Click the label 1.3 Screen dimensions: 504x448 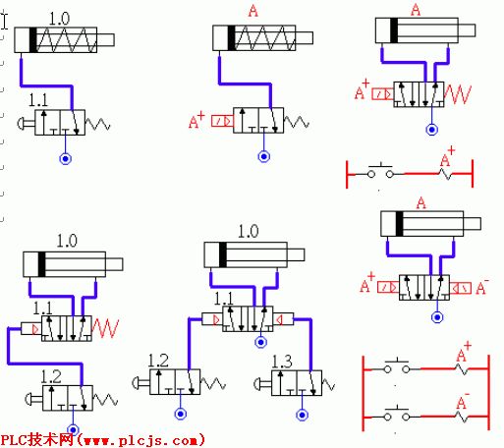(x=282, y=362)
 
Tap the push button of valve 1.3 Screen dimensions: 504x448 (x=262, y=383)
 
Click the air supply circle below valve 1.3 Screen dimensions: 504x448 (x=302, y=415)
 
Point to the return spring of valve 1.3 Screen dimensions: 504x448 (x=328, y=384)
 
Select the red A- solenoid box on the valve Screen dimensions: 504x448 (x=460, y=288)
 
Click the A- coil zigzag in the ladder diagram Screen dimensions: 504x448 (x=462, y=417)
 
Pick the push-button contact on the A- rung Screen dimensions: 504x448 (x=397, y=414)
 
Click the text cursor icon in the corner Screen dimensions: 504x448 (x=4, y=21)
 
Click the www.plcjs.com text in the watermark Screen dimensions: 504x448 (x=141, y=440)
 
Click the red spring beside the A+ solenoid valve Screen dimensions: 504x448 (x=458, y=94)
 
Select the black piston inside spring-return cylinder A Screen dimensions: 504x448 (x=231, y=38)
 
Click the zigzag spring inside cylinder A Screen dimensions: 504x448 (x=264, y=38)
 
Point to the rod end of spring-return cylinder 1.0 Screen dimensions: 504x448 (x=105, y=40)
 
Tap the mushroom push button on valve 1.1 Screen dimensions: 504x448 (x=27, y=123)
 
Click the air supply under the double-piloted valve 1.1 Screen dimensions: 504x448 (x=260, y=342)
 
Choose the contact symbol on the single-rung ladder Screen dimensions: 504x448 (x=380, y=170)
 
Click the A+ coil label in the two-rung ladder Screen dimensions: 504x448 (x=464, y=352)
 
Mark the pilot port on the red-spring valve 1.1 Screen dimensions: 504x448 (x=31, y=328)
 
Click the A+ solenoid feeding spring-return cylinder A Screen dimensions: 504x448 (x=223, y=121)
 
